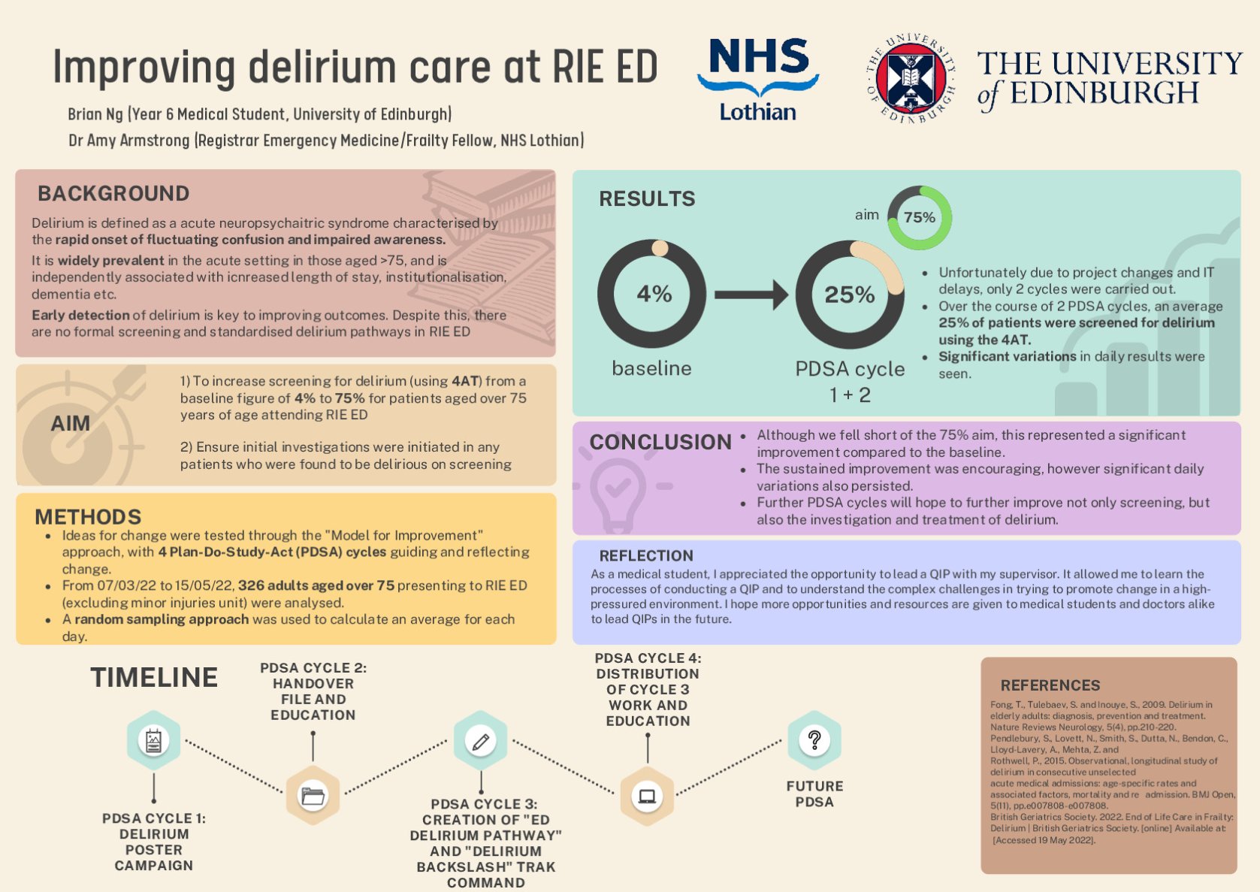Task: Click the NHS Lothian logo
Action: pyautogui.click(x=757, y=79)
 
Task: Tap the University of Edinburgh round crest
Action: pyautogui.click(x=910, y=78)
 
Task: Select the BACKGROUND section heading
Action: pyautogui.click(x=113, y=194)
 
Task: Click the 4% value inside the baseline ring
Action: pyautogui.click(x=654, y=294)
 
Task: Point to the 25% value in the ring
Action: pyautogui.click(x=849, y=295)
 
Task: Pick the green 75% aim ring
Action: pyautogui.click(x=919, y=218)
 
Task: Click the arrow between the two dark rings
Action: pyautogui.click(x=751, y=295)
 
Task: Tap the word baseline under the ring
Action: pyautogui.click(x=651, y=368)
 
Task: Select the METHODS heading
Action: pyautogui.click(x=88, y=517)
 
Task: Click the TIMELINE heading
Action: pyautogui.click(x=154, y=678)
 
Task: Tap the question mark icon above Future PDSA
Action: pyautogui.click(x=814, y=740)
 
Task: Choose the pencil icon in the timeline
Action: pyautogui.click(x=480, y=741)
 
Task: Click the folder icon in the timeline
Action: pyautogui.click(x=313, y=795)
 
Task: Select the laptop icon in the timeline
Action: pyautogui.click(x=647, y=796)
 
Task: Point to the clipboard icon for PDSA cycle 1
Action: pyautogui.click(x=153, y=741)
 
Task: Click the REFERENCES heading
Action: pyautogui.click(x=1050, y=685)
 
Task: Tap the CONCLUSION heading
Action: pyautogui.click(x=660, y=442)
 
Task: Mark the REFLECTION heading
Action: pyautogui.click(x=646, y=556)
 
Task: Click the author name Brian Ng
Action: pyautogui.click(x=95, y=114)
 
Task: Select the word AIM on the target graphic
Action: pyautogui.click(x=71, y=424)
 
